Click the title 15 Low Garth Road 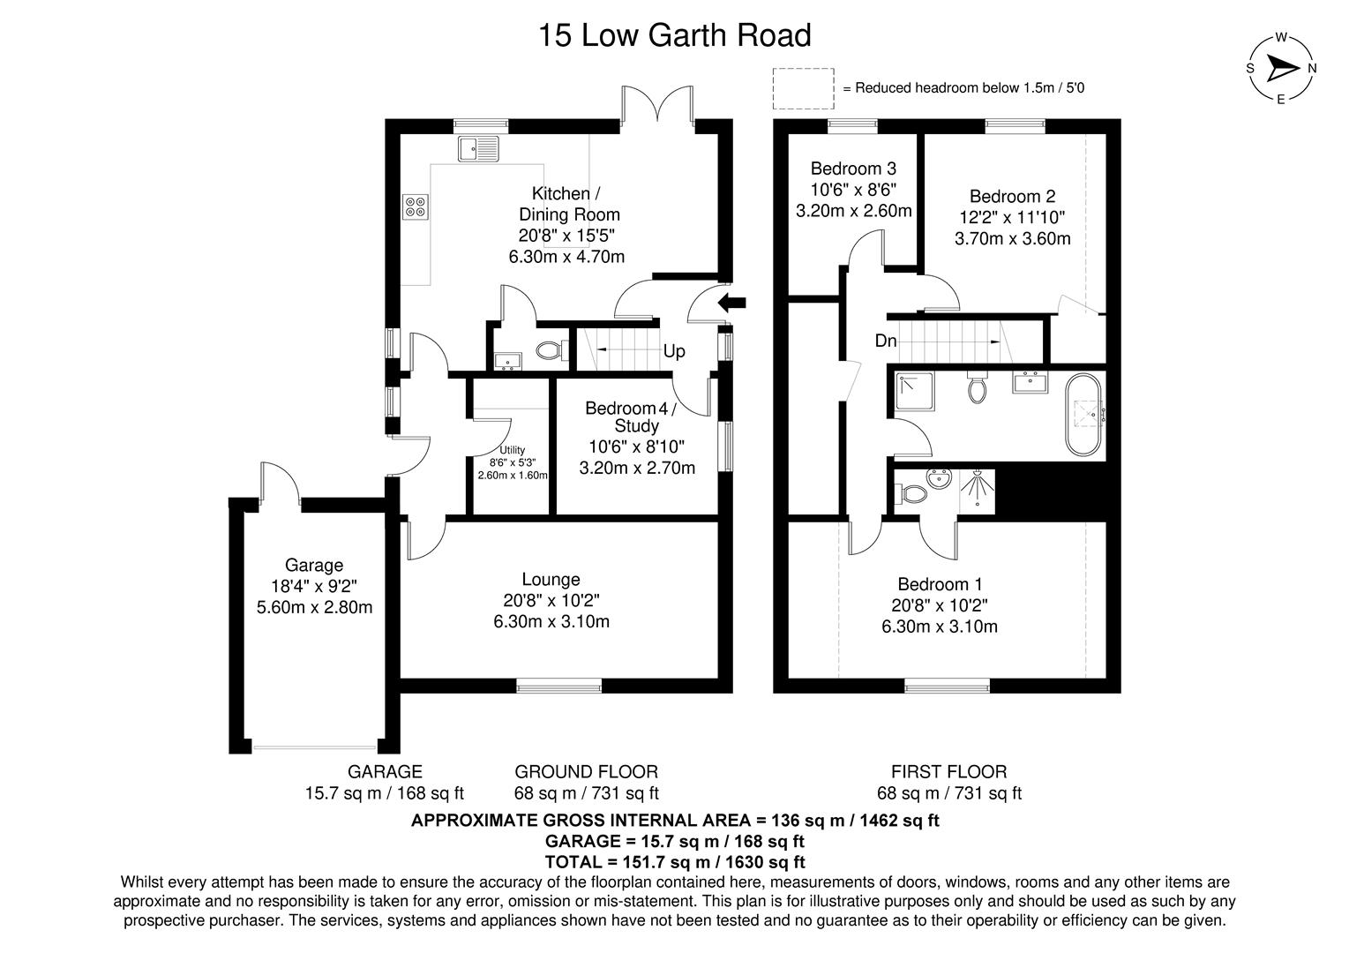674,36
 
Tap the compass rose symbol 1281,69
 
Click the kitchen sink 477,148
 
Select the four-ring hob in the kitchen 415,206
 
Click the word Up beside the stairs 674,351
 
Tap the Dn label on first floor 886,341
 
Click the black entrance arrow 731,304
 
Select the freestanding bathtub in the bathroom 1084,415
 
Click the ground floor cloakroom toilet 551,350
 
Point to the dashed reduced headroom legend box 803,86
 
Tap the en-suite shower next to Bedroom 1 977,491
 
